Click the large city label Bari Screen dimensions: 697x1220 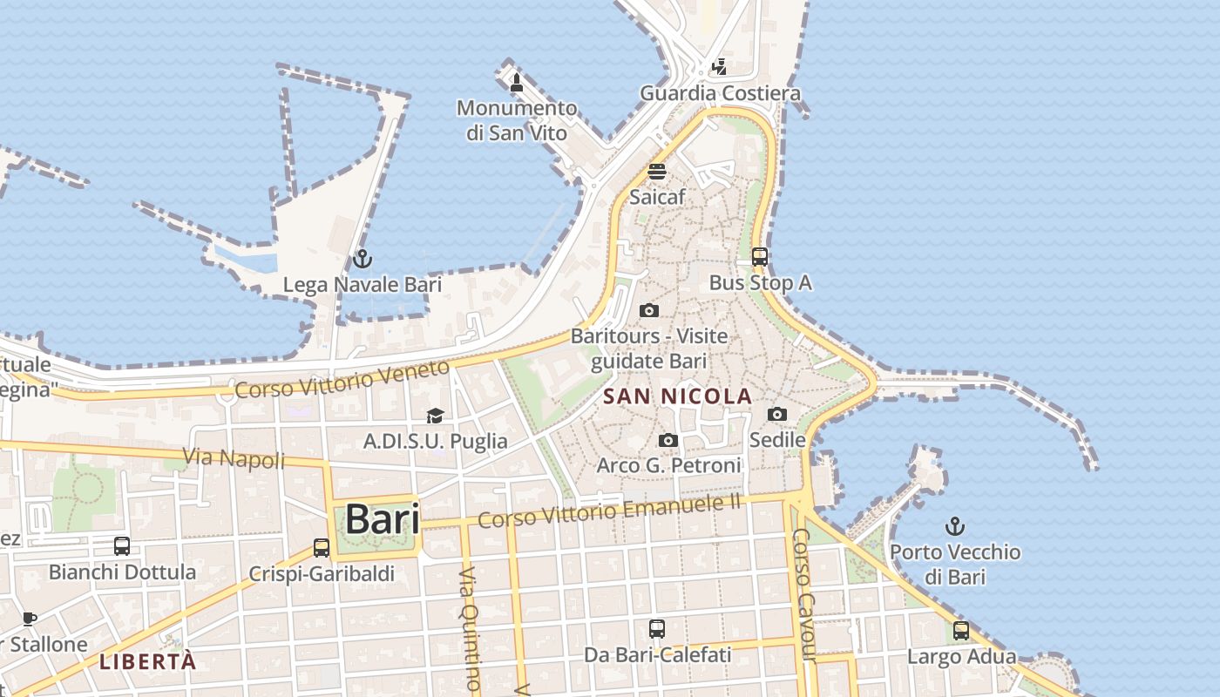tap(383, 519)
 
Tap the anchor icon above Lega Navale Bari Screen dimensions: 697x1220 tap(362, 259)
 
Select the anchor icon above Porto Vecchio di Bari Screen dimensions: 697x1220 tap(955, 526)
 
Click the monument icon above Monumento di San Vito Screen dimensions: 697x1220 tap(516, 83)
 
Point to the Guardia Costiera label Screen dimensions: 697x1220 tap(720, 93)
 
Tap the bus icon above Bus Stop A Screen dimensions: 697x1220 tap(760, 257)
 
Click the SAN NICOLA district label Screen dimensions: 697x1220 tap(677, 396)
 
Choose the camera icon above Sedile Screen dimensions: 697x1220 tap(777, 415)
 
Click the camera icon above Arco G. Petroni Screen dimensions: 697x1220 tap(668, 441)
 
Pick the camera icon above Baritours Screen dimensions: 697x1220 tap(648, 311)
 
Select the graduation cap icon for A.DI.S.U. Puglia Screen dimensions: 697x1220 tap(435, 416)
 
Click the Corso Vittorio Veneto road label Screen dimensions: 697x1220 tap(342, 380)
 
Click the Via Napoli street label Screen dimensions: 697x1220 tap(234, 457)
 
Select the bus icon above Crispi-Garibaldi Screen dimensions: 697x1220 tap(322, 548)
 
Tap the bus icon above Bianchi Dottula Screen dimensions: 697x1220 tap(122, 546)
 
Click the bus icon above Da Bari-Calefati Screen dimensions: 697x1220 tap(657, 628)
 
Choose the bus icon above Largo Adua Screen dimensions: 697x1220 tap(961, 631)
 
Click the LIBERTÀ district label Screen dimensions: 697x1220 tap(147, 661)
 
